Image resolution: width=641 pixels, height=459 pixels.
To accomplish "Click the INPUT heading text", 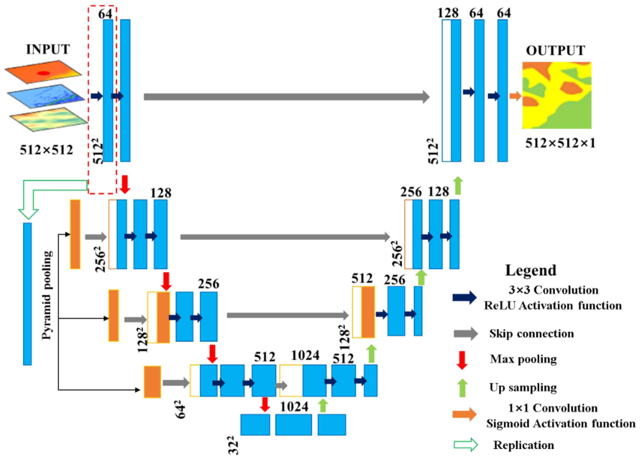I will coord(48,49).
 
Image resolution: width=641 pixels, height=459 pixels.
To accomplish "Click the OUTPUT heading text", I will coord(555,51).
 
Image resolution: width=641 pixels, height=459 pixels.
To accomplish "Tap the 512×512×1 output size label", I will coord(560,143).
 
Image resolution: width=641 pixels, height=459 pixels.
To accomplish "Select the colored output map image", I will coord(557,95).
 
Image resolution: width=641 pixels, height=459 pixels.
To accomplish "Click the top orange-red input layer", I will coord(43,72).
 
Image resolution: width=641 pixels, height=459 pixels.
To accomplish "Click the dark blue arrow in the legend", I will coord(464,297).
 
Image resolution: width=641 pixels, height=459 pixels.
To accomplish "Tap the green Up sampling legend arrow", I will coord(462,388).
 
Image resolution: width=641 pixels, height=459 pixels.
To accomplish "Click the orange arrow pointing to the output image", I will coord(515,96).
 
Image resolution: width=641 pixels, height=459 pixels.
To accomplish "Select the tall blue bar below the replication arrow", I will coord(28,294).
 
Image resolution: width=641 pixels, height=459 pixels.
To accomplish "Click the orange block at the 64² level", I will coord(152,382).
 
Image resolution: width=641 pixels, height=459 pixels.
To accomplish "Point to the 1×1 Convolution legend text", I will coord(553,408).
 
